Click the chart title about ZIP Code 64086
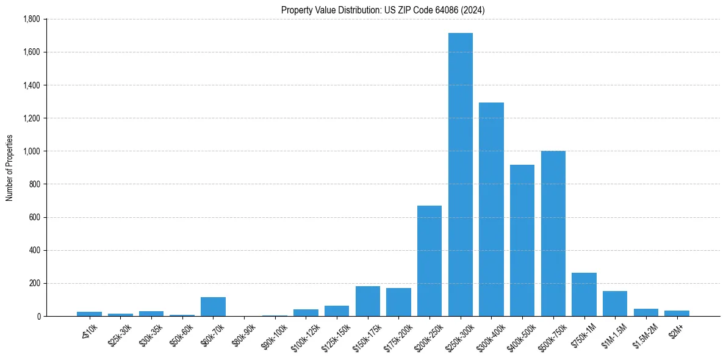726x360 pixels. point(383,10)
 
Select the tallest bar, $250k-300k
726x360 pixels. point(461,175)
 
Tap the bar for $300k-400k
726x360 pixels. point(491,209)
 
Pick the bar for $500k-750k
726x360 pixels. point(553,233)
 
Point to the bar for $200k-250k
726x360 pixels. point(429,261)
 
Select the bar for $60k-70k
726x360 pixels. point(213,306)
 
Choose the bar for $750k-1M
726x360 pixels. point(584,294)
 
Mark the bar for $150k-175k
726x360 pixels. point(368,301)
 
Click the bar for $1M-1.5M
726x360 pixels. point(615,303)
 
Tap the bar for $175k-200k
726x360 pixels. point(398,302)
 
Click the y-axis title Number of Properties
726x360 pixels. point(9,168)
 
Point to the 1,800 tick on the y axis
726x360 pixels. point(31,19)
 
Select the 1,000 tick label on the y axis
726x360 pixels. point(31,151)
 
